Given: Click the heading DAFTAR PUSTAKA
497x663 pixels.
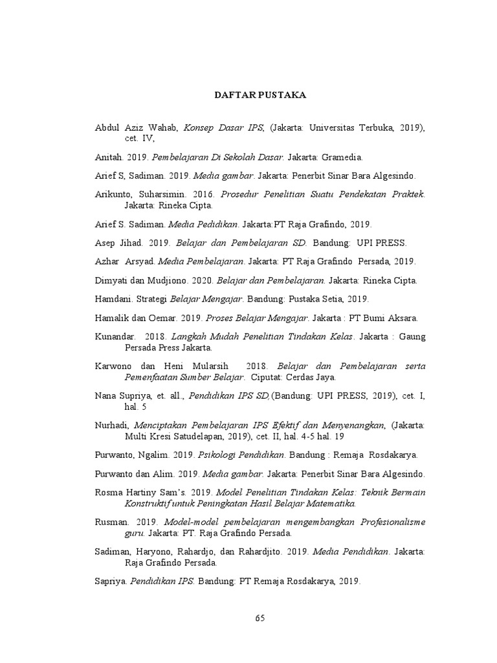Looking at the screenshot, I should (260, 95).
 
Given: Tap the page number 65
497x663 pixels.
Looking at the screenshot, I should (260, 618).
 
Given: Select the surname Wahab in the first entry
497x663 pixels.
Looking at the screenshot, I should (162, 129).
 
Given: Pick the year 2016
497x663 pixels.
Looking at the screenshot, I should (199, 194).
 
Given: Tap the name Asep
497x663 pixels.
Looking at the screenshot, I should (105, 243).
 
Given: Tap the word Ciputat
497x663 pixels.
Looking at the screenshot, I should (268, 377).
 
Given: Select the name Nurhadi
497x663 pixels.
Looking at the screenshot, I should (113, 425).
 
